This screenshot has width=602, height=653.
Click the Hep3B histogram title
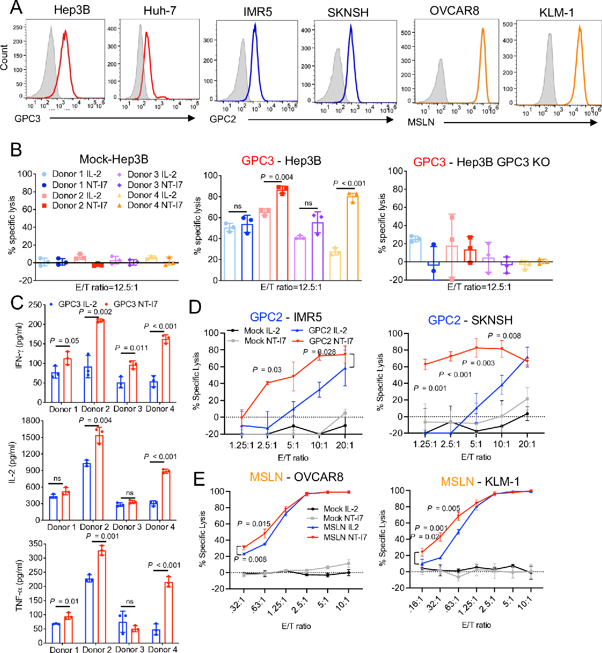(x=72, y=10)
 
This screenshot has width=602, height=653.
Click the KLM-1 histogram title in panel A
(x=556, y=12)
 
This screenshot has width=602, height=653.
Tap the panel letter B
(x=16, y=150)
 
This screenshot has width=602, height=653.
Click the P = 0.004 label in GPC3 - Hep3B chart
(x=276, y=177)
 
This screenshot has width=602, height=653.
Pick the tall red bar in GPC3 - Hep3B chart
(x=282, y=234)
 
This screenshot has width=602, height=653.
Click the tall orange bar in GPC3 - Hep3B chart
(x=353, y=237)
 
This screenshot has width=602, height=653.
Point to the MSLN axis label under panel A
(x=421, y=122)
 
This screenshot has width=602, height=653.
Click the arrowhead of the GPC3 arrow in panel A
(x=192, y=118)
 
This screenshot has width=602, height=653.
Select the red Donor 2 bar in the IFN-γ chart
(x=100, y=361)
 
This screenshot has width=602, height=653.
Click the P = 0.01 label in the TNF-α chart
(x=64, y=601)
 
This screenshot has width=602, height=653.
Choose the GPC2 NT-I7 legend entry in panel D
(x=331, y=341)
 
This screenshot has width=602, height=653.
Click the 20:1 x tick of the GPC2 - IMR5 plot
(x=344, y=445)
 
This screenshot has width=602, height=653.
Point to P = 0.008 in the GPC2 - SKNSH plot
(x=504, y=336)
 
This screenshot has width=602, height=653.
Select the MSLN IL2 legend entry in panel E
(x=341, y=527)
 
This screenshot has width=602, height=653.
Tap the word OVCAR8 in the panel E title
(x=319, y=477)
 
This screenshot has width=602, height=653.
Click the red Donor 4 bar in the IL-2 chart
(x=166, y=495)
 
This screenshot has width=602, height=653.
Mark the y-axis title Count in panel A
(x=5, y=57)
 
